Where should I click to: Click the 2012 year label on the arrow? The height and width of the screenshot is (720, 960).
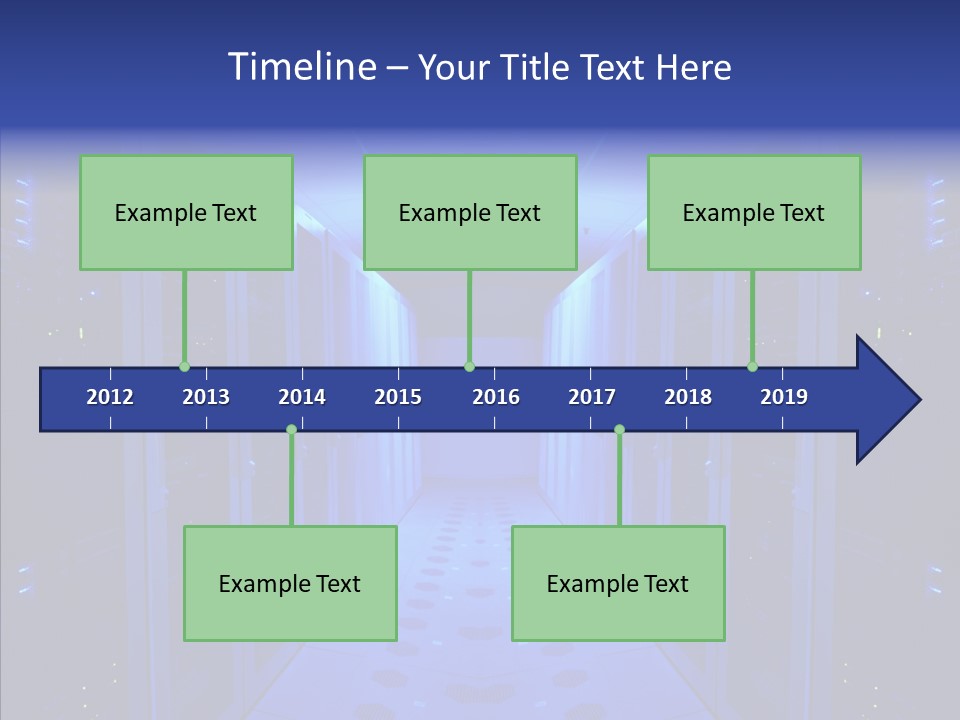click(x=110, y=397)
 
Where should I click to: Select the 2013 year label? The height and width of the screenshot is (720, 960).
click(x=206, y=397)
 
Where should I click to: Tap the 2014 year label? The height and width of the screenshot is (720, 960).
click(x=302, y=397)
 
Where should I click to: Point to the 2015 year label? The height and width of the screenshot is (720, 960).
click(x=398, y=397)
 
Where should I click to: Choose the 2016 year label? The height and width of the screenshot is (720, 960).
click(x=496, y=397)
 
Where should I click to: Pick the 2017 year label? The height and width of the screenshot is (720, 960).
click(x=592, y=397)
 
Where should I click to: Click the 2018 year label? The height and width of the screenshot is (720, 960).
click(x=688, y=397)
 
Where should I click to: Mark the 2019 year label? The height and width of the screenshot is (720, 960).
click(x=784, y=397)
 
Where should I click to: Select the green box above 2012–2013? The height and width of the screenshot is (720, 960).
click(x=186, y=212)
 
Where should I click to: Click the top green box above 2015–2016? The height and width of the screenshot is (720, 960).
click(x=470, y=212)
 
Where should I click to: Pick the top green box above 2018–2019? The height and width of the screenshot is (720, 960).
click(x=754, y=212)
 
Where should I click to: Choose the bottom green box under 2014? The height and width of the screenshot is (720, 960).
click(x=290, y=583)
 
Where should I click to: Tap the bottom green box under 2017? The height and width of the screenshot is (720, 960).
click(x=618, y=583)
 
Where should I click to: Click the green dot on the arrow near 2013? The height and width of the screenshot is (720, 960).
click(x=185, y=367)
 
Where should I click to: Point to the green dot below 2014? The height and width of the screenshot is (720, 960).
click(x=291, y=430)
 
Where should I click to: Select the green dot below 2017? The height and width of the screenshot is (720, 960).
click(x=619, y=430)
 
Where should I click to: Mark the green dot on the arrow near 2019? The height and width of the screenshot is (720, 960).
click(x=752, y=367)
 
